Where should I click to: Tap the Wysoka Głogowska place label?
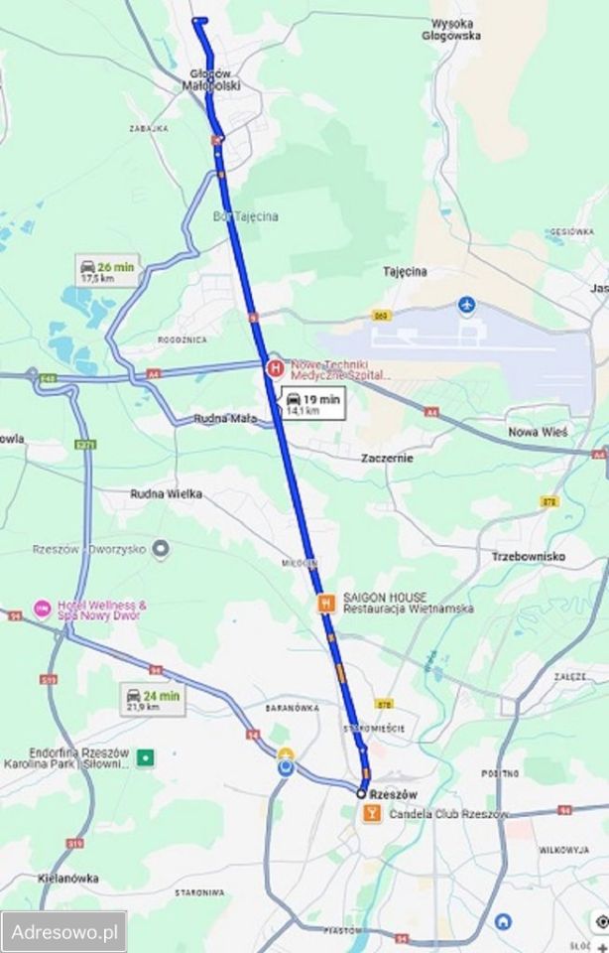[456, 29]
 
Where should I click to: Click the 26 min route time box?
[108, 271]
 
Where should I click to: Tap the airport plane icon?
[468, 303]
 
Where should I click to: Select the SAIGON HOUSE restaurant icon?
[325, 603]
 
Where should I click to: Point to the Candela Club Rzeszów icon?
[371, 813]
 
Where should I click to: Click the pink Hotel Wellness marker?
[43, 608]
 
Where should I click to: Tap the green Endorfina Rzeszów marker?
[146, 757]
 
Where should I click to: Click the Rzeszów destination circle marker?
[362, 793]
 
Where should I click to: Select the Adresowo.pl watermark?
[63, 932]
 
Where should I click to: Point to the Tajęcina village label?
[405, 270]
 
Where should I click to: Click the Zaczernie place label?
[387, 458]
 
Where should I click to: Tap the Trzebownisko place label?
[528, 557]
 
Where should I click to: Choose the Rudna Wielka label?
[167, 492]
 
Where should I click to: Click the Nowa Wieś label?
[537, 432]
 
